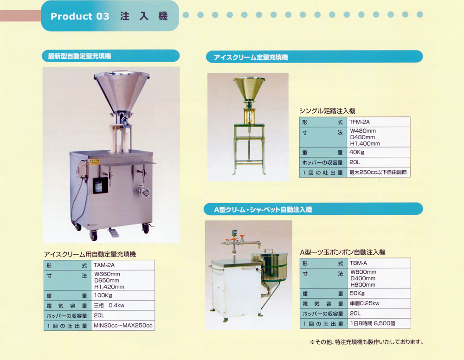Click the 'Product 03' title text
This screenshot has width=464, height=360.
[x=80, y=16]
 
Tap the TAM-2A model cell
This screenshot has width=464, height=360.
[x=122, y=265]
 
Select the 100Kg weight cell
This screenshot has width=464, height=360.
[x=122, y=295]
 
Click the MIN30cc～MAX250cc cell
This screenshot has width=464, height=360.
[x=122, y=325]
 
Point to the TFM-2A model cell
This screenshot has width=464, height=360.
[x=379, y=122]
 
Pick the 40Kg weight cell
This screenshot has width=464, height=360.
[x=379, y=152]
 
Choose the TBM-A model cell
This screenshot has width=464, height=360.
[x=379, y=263]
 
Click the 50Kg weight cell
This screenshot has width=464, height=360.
[x=379, y=293]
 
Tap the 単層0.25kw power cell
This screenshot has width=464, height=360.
[x=379, y=303]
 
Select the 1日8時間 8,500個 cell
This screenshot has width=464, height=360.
[x=379, y=323]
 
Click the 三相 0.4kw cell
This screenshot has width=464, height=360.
[x=122, y=305]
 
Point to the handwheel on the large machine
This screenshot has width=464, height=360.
[x=145, y=192]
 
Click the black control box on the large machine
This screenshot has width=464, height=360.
[x=100, y=186]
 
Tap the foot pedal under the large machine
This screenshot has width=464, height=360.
[x=113, y=232]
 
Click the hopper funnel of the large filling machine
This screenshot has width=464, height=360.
[x=121, y=91]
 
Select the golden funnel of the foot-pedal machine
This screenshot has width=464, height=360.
[x=249, y=89]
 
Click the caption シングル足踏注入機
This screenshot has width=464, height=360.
[x=327, y=111]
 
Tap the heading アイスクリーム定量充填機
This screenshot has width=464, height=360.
[x=251, y=57]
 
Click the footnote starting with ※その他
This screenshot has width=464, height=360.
[x=367, y=342]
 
